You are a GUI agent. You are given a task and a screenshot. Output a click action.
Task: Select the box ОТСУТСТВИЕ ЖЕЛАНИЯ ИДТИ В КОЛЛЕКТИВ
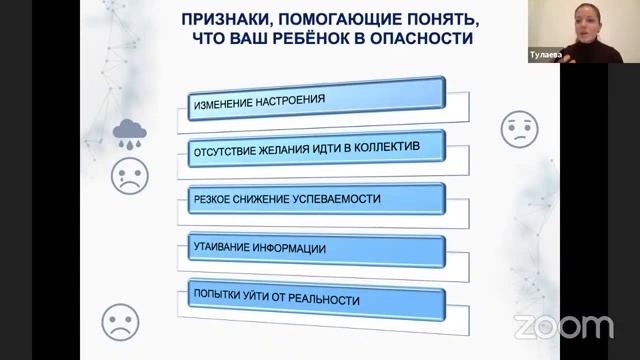tap(316, 150)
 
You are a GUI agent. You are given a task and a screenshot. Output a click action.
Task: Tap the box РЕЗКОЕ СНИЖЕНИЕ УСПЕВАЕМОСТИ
tap(316, 199)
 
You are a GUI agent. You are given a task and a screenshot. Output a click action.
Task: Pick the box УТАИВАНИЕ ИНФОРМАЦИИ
tap(316, 248)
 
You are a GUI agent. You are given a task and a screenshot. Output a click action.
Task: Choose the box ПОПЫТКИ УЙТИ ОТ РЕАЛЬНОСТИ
tap(316, 298)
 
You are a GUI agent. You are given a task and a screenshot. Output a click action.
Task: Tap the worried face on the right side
tap(519, 130)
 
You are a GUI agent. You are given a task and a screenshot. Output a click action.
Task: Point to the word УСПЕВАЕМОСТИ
tap(335, 199)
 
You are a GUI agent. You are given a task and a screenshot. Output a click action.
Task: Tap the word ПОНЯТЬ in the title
tap(434, 18)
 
